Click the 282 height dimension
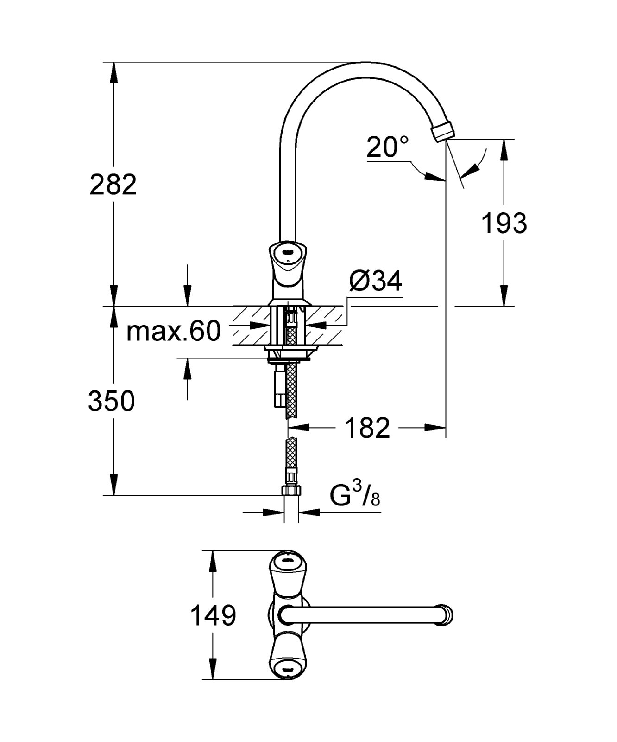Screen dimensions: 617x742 pos(113,185)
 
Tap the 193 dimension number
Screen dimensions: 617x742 pos(504,224)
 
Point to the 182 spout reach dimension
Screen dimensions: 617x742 pos(367,428)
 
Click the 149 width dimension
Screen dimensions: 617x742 pos(213,616)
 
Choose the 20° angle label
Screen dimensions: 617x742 pos(388,147)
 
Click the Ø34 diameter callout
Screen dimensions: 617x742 pos(375,281)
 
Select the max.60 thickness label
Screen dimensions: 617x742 pos(174,331)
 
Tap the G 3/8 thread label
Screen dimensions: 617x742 pos(355,496)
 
